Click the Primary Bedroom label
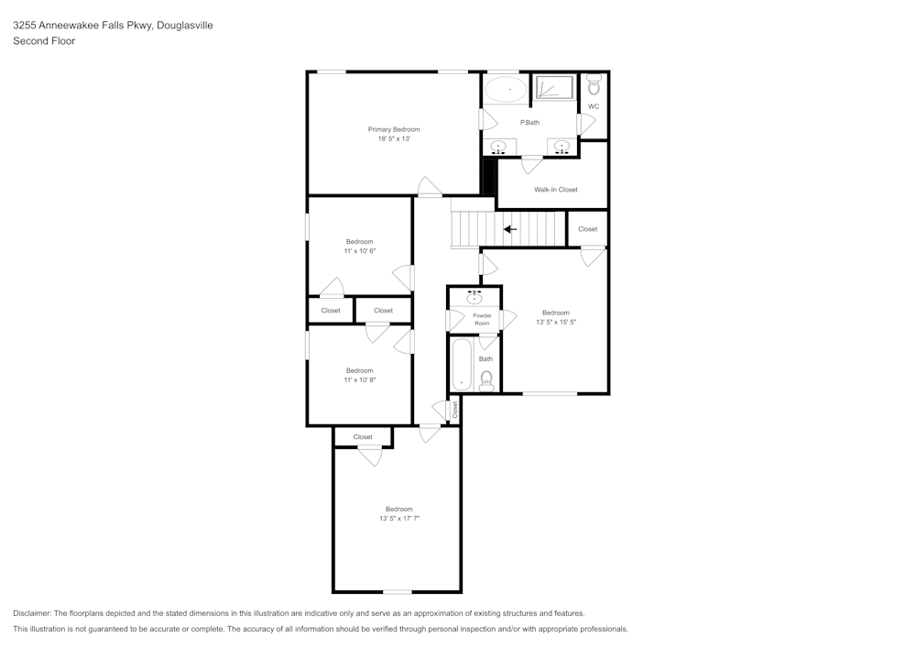[x=394, y=129]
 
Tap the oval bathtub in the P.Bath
[x=505, y=89]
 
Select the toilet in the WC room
[x=594, y=86]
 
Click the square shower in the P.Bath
[x=553, y=88]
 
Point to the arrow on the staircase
[x=510, y=229]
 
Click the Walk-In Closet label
[x=556, y=190]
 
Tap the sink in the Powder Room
[x=474, y=297]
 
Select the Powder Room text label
[x=482, y=319]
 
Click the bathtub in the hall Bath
[x=461, y=366]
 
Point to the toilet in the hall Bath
[x=486, y=379]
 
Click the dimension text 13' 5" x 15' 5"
[x=555, y=322]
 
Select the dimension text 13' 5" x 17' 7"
[x=398, y=519]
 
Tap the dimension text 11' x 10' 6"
[x=359, y=250]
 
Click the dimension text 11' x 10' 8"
[x=359, y=379]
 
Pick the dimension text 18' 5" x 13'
[x=394, y=138]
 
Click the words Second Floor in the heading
[x=44, y=41]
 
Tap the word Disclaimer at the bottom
[x=32, y=613]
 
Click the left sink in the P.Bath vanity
[x=499, y=147]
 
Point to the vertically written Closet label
[x=454, y=410]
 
